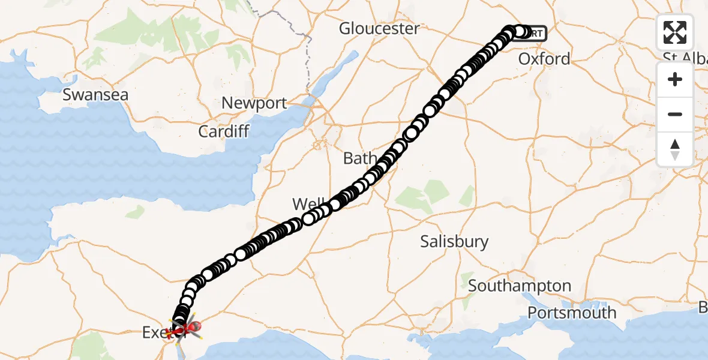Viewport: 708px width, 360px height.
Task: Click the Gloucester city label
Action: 379,28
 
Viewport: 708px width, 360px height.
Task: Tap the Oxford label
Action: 544,59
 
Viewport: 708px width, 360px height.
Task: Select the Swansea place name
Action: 95,95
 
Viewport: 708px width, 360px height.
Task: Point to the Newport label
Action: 254,103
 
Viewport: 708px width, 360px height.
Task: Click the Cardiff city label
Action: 224,131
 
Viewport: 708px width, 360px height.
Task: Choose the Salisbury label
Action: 454,241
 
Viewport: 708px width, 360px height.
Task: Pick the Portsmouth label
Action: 572,313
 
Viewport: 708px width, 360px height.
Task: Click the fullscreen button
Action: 675,32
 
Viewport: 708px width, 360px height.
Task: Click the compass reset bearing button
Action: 675,149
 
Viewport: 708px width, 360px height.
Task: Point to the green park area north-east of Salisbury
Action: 414,198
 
